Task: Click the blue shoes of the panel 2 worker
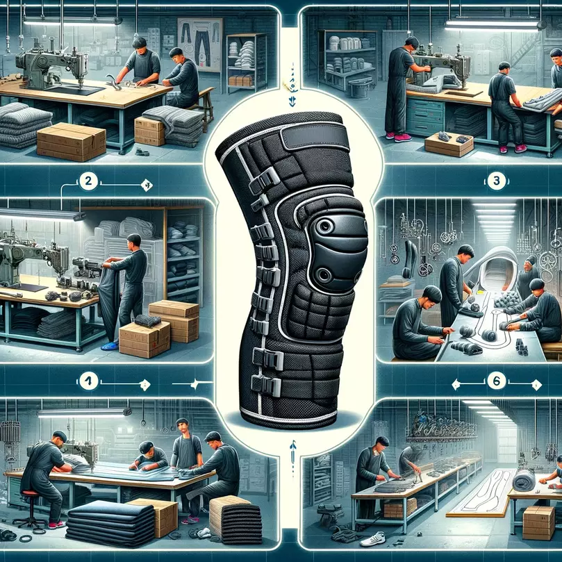click(110, 345)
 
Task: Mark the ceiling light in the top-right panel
click(492, 24)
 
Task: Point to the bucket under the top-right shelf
click(361, 88)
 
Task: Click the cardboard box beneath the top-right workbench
click(449, 144)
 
